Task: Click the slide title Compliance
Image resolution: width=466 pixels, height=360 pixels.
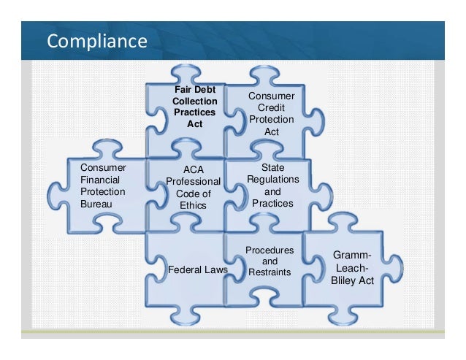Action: [x=97, y=42]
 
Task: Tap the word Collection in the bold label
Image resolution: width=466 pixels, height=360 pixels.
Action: [x=194, y=102]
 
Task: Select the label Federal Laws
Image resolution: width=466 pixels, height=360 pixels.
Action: [x=198, y=269]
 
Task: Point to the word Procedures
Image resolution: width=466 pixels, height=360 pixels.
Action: [x=270, y=250]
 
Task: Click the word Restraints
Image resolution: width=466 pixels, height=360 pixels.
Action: [x=270, y=272]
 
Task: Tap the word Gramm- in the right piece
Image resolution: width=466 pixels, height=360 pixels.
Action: [x=352, y=256]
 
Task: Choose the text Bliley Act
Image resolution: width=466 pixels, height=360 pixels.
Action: [x=352, y=280]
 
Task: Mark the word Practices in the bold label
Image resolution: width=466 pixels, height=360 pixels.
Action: [x=194, y=113]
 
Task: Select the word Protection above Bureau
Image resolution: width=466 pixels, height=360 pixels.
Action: [x=103, y=191]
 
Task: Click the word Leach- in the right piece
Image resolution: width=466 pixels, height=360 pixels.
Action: [x=352, y=268]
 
